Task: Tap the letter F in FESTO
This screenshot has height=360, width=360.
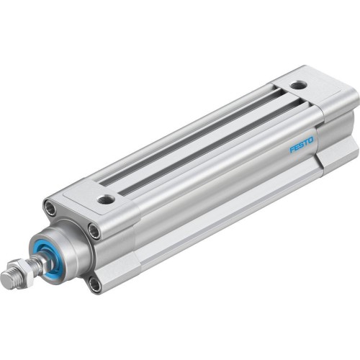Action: click(292, 149)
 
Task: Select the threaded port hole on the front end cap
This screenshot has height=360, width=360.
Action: click(107, 198)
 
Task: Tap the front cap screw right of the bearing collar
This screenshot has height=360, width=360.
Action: click(94, 230)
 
